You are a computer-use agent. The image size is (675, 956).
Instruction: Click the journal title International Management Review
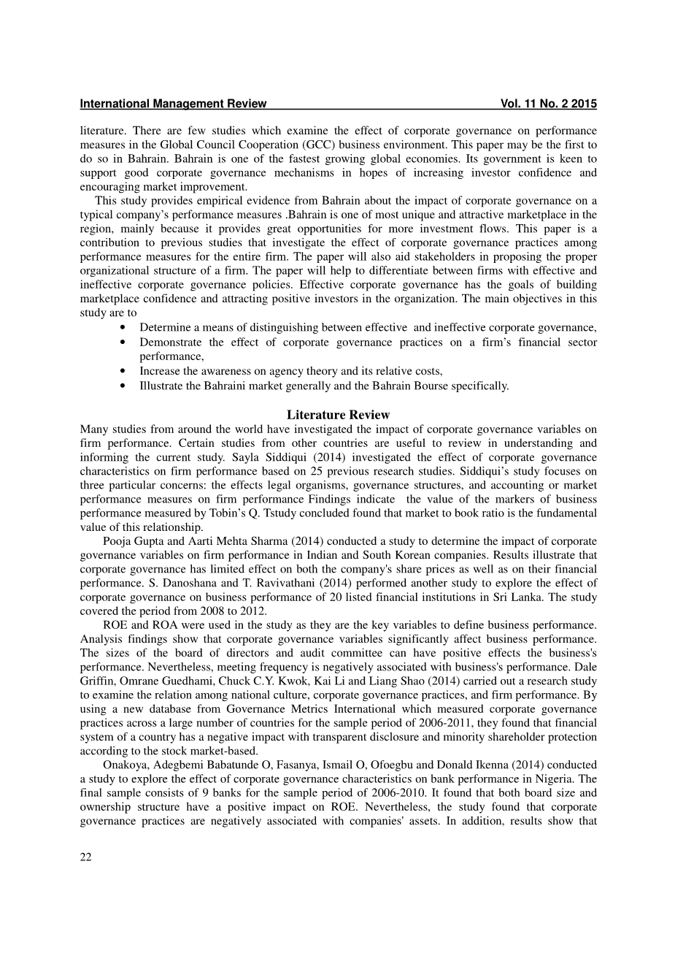[x=173, y=104]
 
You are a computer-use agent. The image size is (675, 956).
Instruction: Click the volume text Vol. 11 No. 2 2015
[x=548, y=104]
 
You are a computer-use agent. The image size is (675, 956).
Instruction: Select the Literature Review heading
[x=338, y=416]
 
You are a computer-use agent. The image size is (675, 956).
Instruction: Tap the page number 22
[x=85, y=857]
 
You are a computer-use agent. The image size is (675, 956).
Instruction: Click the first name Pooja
[x=117, y=541]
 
